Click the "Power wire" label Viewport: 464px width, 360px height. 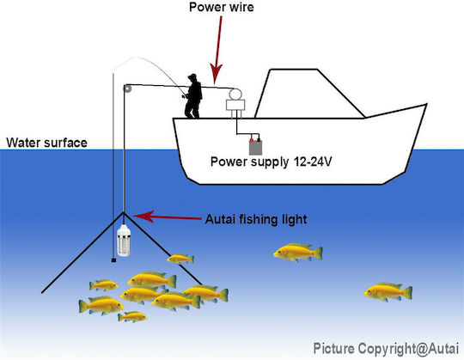click(x=222, y=7)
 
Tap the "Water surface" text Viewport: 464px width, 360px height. click(x=46, y=143)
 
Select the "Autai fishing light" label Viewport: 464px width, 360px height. click(x=256, y=219)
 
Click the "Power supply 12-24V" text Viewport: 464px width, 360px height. click(x=271, y=162)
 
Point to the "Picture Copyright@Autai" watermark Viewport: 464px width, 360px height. click(x=386, y=348)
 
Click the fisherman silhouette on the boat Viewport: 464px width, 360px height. click(x=193, y=96)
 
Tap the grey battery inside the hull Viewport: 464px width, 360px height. click(x=255, y=147)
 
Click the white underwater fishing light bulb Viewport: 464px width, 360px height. click(x=124, y=241)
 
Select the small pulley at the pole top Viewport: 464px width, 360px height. click(x=127, y=88)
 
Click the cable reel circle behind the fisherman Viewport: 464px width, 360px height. click(x=235, y=94)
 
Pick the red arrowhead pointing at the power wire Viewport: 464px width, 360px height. click(x=216, y=73)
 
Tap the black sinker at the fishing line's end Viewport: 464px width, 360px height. click(x=113, y=260)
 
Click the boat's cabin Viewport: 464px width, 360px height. click(x=309, y=94)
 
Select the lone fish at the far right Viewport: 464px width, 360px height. click(x=388, y=292)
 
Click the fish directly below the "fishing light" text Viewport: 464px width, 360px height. click(x=298, y=253)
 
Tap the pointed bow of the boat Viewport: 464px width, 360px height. click(x=426, y=105)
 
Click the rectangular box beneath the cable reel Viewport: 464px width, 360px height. click(x=235, y=105)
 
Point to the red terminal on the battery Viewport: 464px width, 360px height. click(x=252, y=140)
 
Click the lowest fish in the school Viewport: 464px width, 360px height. click(x=132, y=317)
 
